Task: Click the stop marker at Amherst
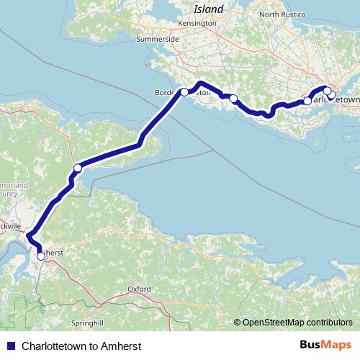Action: pyautogui.click(x=40, y=256)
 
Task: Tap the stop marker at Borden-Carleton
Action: pyautogui.click(x=184, y=91)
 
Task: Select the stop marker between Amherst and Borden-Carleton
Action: pyautogui.click(x=77, y=168)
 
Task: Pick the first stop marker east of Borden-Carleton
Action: pyautogui.click(x=233, y=98)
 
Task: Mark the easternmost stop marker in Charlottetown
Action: pyautogui.click(x=331, y=94)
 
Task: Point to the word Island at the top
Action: pyautogui.click(x=209, y=9)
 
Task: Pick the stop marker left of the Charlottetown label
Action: pyautogui.click(x=307, y=102)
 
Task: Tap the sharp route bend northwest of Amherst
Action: pyautogui.click(x=29, y=235)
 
